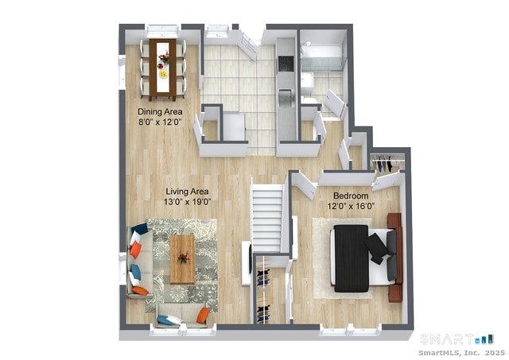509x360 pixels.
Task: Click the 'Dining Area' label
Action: coord(160,111)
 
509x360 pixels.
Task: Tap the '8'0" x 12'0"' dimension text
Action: coord(161,122)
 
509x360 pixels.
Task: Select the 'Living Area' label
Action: coord(187,191)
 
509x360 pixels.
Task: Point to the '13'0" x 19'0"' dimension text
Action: coord(187,202)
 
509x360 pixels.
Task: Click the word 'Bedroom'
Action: coord(350,195)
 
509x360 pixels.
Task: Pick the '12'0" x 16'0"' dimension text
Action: coord(350,206)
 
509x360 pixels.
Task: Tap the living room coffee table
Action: coord(183,258)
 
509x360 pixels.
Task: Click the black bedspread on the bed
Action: coord(351,258)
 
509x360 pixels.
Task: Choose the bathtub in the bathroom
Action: coord(321,58)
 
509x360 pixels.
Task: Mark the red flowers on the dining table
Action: coord(164,58)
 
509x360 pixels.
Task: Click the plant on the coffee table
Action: coord(184,257)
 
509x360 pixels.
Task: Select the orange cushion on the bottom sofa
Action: coord(203,315)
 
